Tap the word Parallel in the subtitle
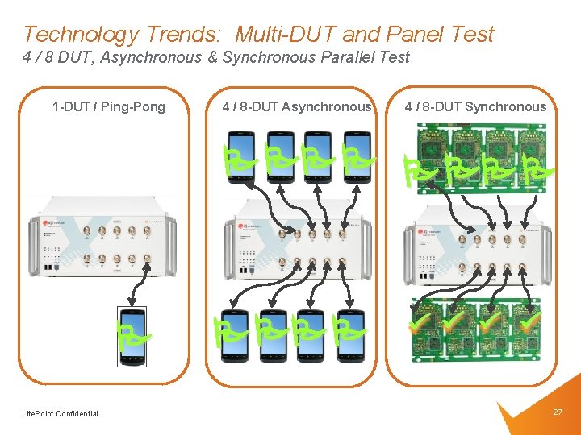(350, 57)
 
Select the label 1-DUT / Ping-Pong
(108, 106)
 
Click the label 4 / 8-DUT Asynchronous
(297, 106)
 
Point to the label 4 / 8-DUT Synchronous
(475, 106)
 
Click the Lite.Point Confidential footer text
(61, 414)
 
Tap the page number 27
(558, 412)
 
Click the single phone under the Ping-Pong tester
(131, 335)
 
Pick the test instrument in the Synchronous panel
(476, 242)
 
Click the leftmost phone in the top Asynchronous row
(240, 158)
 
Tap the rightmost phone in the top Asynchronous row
(355, 158)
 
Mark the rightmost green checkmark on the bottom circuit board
(529, 321)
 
